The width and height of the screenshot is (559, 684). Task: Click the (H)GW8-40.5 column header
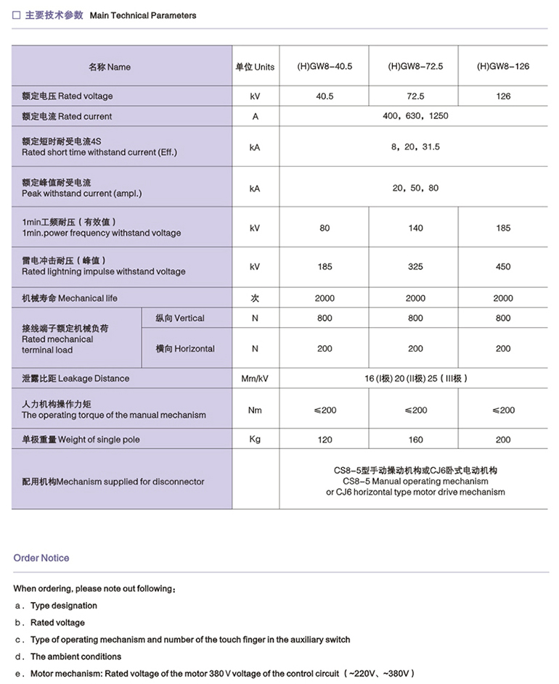(325, 67)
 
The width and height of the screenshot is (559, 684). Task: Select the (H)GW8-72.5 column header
(415, 67)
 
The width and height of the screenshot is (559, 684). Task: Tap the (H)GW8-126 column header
(503, 67)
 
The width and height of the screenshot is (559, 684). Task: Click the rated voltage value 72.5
(415, 96)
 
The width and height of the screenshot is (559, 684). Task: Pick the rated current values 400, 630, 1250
(415, 116)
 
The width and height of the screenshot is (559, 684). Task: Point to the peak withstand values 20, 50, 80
(415, 188)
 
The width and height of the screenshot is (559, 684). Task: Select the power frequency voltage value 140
(415, 228)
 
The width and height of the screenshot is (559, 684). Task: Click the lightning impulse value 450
(503, 267)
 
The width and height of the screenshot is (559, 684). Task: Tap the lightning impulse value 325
(415, 267)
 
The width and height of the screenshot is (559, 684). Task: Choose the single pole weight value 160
(415, 440)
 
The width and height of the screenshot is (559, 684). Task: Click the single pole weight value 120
(325, 440)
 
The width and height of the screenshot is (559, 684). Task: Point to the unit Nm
(255, 410)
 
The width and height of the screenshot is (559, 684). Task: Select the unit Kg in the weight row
(255, 440)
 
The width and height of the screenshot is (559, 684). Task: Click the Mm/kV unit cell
(255, 379)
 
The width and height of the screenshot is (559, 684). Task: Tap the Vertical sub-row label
(180, 318)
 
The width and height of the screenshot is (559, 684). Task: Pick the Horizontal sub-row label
(185, 349)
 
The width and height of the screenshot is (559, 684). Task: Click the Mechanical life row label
(70, 298)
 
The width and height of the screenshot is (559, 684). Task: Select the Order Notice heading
(41, 558)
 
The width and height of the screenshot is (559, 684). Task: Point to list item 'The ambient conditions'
(76, 656)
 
